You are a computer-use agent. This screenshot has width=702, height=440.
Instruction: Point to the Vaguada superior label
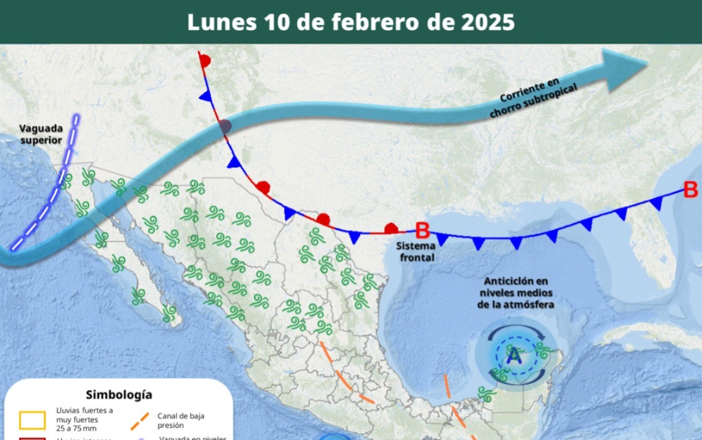coord(41,134)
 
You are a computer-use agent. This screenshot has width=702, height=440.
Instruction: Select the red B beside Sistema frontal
coord(422,231)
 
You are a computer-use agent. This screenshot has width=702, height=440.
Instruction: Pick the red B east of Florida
coord(691,190)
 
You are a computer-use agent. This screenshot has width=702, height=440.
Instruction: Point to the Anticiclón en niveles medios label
coord(515,293)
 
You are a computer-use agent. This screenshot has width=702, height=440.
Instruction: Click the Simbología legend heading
coord(119,394)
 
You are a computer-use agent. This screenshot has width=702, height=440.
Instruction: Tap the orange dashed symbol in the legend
coord(140,420)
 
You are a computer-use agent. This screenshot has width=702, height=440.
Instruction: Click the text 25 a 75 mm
coord(77,428)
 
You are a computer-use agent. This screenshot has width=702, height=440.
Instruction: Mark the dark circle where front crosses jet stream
coord(225,126)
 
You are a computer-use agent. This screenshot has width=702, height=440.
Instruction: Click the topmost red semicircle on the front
coord(205,60)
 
